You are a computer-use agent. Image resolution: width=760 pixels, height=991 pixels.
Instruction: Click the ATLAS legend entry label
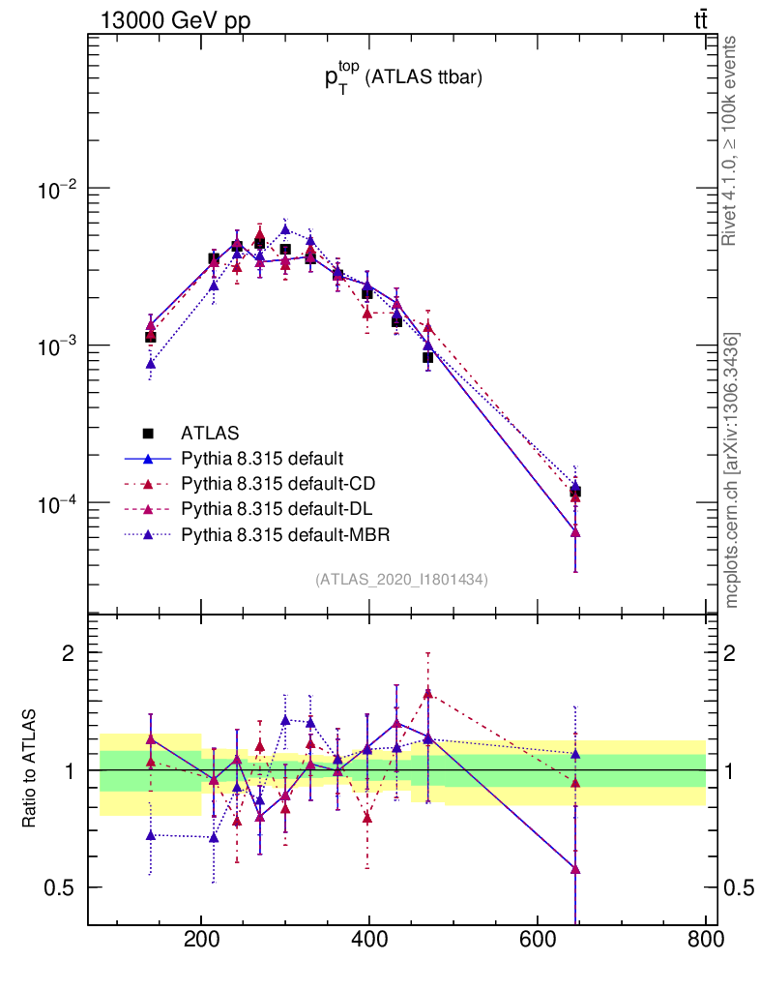[211, 432]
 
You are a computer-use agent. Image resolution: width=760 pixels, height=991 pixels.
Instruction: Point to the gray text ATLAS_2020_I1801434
[401, 579]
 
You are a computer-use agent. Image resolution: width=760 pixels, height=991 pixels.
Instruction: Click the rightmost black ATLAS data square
[575, 493]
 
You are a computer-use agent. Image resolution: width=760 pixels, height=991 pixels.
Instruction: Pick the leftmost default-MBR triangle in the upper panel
[151, 364]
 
